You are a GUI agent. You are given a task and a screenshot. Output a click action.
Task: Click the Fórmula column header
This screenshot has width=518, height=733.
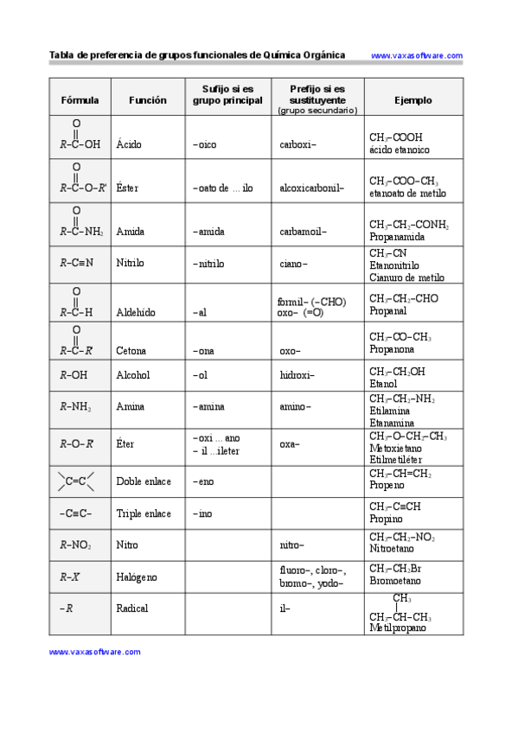coord(80,100)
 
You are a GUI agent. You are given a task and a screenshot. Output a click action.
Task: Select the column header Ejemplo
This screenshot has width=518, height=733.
coord(412,100)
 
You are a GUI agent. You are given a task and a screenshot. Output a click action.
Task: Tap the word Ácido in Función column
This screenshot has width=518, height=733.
coord(129,144)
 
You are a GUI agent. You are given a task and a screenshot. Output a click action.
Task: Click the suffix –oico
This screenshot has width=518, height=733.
coord(205,144)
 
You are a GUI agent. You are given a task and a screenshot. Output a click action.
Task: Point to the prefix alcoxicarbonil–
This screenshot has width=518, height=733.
coord(311,188)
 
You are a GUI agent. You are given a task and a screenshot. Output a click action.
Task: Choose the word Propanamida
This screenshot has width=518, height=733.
coord(397,237)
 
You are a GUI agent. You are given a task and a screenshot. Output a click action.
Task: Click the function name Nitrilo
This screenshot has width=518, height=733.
coord(130,263)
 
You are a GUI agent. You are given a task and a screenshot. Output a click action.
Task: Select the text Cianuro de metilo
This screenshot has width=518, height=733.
coord(406,278)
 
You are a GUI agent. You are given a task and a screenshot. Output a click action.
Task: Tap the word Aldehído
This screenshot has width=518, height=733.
coord(136,313)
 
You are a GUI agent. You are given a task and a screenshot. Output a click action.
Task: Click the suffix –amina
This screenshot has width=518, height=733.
coord(210,406)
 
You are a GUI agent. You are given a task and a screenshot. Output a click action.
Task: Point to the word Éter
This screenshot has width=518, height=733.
coord(125,443)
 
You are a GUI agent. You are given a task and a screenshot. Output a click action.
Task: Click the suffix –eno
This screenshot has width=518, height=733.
coord(203,481)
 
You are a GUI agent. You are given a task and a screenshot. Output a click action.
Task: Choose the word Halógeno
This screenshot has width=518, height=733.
coord(137,577)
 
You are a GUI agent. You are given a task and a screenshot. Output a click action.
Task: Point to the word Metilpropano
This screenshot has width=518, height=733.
coord(398,628)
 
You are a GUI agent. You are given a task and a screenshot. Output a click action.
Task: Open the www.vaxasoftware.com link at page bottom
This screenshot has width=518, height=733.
coord(94,653)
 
